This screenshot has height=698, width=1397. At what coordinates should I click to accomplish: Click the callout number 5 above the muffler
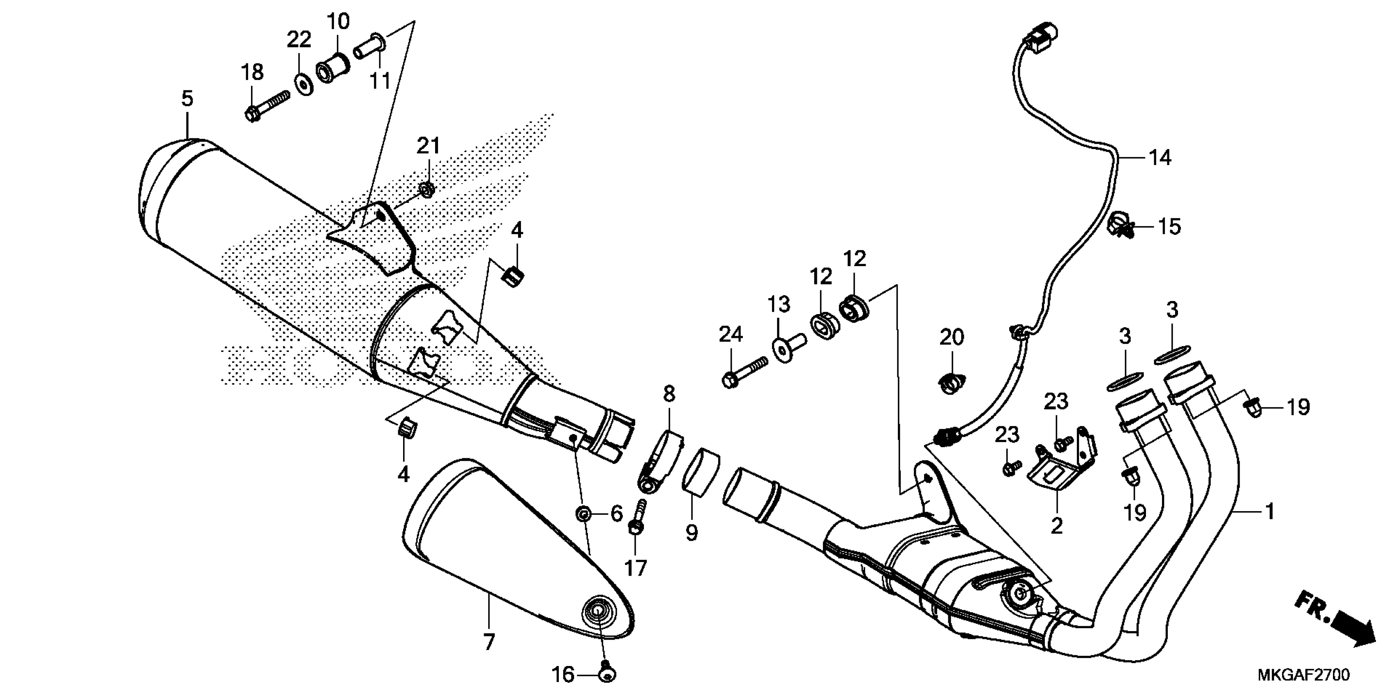click(x=187, y=99)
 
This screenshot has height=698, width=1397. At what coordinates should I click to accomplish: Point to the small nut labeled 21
click(x=427, y=189)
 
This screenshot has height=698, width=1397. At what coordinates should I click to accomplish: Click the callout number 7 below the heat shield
click(x=489, y=642)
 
